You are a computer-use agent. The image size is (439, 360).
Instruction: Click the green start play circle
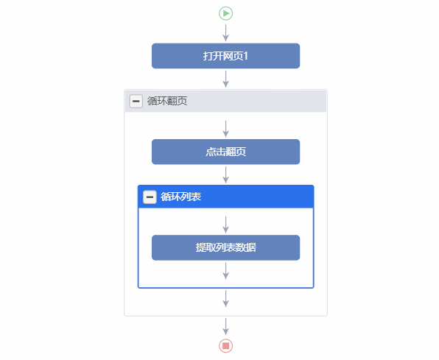(225, 13)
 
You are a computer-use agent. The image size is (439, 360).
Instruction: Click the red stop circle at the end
(225, 346)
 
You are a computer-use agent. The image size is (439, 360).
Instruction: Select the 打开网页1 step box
(225, 56)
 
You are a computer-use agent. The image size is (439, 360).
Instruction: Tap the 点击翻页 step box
(225, 152)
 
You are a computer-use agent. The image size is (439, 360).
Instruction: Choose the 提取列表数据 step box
(225, 248)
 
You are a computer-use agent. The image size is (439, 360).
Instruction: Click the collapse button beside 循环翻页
(136, 101)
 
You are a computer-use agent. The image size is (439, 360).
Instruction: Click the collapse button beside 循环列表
(150, 197)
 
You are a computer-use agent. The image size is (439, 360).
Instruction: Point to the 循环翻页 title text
(167, 101)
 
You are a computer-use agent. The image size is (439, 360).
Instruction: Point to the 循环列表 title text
(181, 197)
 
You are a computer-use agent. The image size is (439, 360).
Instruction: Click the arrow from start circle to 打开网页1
(225, 32)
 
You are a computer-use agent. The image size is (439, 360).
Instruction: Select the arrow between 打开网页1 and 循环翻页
(225, 79)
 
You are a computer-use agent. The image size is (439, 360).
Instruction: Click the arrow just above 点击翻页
(225, 129)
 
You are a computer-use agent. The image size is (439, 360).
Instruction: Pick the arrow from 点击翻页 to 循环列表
(225, 175)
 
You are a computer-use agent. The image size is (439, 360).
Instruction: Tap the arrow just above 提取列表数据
(225, 225)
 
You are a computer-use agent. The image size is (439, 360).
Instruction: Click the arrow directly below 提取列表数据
(225, 271)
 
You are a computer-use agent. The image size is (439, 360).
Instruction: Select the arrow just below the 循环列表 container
(225, 299)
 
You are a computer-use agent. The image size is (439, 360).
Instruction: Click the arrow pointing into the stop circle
(225, 326)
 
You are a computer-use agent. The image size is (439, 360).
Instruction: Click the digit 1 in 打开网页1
(245, 56)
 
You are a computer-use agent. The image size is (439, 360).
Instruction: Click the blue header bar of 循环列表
(225, 197)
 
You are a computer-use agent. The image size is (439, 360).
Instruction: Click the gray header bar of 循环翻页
(225, 101)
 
